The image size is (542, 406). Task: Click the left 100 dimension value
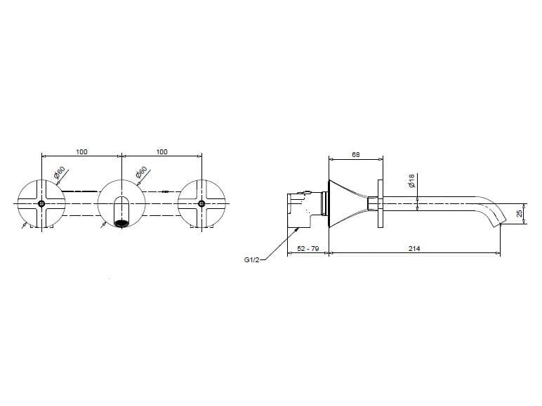coord(82,151)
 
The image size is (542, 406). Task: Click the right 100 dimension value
coord(162,151)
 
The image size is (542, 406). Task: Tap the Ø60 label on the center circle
coord(141,172)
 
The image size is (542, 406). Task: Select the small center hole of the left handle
coord(42,204)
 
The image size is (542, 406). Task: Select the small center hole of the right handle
coord(203,204)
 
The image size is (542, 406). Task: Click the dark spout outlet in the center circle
coord(122,224)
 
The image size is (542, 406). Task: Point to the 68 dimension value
coord(356,155)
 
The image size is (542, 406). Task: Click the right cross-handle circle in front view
coord(203,204)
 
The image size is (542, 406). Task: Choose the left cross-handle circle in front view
coord(42,204)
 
